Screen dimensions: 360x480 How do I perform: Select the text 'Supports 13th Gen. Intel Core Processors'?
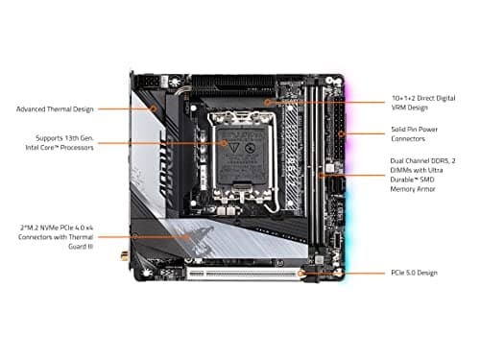tap(65, 143)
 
